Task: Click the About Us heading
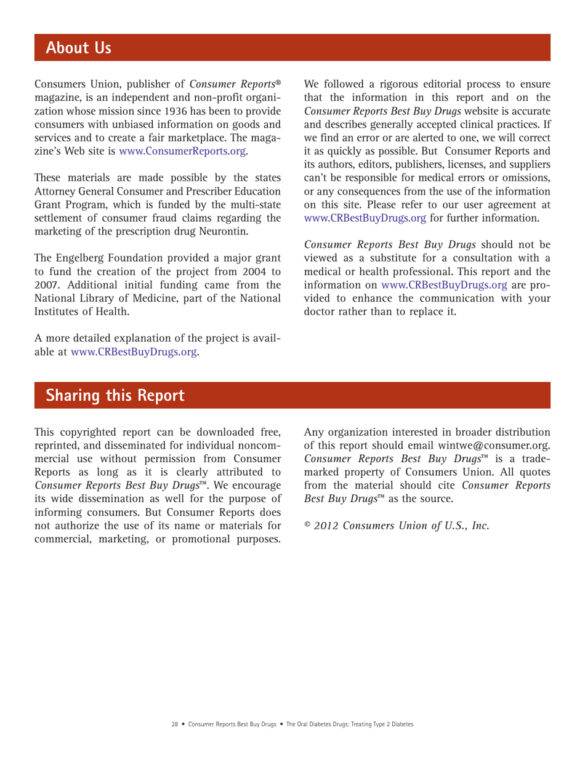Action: click(79, 47)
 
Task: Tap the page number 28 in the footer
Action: click(174, 725)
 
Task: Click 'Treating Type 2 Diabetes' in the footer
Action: click(377, 725)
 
